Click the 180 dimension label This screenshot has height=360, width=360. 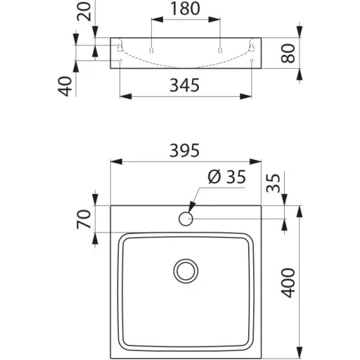click(x=185, y=8)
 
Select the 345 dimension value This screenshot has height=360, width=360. click(x=184, y=85)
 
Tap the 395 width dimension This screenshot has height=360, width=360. click(x=184, y=150)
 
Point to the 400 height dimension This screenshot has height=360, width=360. click(x=288, y=283)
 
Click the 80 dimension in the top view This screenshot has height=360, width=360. click(x=288, y=53)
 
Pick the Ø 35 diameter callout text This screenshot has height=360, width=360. click(x=226, y=176)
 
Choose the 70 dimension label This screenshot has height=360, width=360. click(x=84, y=219)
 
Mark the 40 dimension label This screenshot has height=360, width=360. click(x=65, y=86)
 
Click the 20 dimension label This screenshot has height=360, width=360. click(x=84, y=11)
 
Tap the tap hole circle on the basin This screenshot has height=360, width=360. click(x=186, y=219)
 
